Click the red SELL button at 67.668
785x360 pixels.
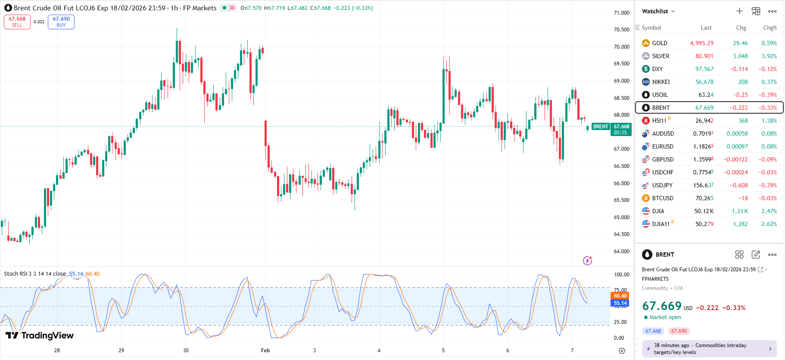17,22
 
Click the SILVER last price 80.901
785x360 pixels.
704,56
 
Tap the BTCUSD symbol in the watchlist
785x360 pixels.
662,198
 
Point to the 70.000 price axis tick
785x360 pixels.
621,47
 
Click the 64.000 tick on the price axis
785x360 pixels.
621,251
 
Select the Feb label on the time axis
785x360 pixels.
265,351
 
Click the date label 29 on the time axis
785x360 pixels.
121,351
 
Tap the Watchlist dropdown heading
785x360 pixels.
658,11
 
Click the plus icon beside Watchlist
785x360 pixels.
739,11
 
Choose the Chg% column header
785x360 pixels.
769,28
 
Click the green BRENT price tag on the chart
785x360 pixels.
601,127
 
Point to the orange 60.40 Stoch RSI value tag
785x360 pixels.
620,296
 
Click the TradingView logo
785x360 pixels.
40,335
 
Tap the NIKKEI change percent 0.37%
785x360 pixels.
769,82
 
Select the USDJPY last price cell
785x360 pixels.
703,185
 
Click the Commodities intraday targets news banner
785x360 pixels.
709,349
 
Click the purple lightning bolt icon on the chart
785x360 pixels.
587,261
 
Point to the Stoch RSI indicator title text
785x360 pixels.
35,274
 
